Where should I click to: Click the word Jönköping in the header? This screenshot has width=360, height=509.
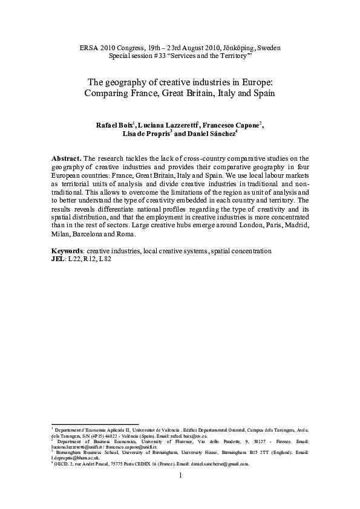239,47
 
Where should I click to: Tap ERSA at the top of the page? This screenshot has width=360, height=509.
90,47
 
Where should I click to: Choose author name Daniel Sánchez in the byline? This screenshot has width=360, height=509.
209,135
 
